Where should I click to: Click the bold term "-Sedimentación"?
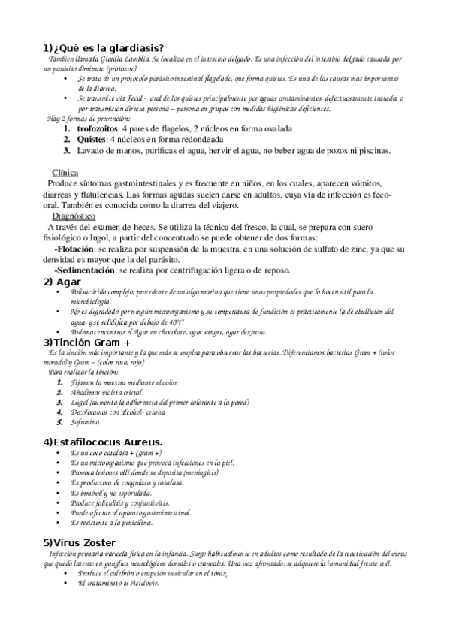[x=84, y=270]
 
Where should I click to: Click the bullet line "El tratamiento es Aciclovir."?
[x=119, y=583]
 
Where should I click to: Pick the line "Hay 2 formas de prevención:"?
[x=89, y=119]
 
